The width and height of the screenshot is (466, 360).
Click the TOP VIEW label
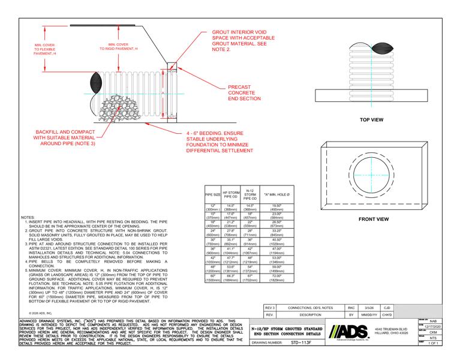[371, 120]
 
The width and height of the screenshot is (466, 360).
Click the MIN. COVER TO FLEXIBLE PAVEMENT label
[47, 49]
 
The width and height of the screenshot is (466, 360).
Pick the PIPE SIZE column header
[213, 195]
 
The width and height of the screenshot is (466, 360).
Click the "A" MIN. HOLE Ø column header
[276, 195]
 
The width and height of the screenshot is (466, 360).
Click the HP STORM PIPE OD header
[232, 195]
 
